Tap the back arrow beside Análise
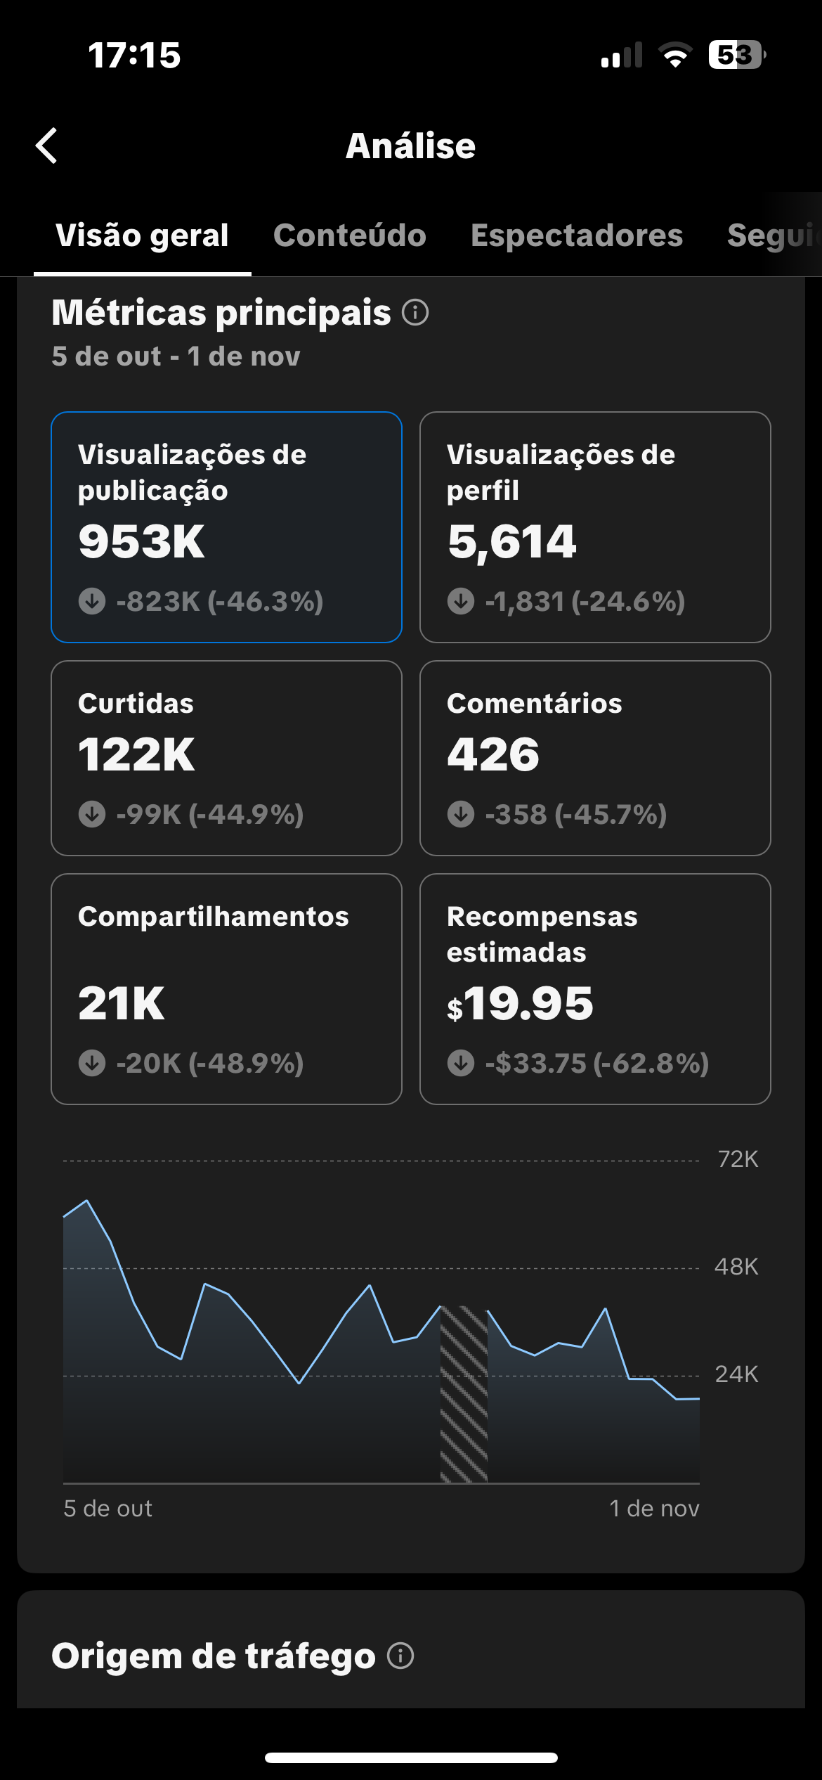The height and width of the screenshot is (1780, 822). tap(46, 146)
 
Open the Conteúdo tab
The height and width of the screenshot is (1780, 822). tap(349, 236)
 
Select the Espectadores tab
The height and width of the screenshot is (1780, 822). tap(576, 236)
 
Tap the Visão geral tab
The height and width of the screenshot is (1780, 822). tap(142, 236)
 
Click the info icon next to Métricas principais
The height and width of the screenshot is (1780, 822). tap(415, 312)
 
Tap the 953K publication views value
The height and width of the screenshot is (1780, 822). tap(141, 542)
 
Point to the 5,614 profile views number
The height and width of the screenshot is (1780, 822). tap(511, 542)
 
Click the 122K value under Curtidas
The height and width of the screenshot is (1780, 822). tap(136, 755)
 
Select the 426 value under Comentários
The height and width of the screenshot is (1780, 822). tap(493, 755)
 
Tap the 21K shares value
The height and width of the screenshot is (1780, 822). tap(121, 1003)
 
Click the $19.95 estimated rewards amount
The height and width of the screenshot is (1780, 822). tap(521, 1003)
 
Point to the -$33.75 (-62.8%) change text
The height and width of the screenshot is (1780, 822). tap(596, 1063)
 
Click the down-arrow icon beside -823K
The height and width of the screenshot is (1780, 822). tap(92, 602)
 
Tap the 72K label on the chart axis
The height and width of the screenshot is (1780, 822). tap(738, 1159)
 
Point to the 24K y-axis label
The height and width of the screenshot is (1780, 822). tap(736, 1374)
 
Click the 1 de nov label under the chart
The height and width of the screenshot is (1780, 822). tap(654, 1509)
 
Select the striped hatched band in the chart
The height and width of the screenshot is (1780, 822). tap(464, 1395)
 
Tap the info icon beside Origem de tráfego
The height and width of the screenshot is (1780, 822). tap(400, 1656)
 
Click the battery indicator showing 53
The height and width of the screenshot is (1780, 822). tap(736, 55)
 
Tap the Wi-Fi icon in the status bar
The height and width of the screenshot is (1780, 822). tap(675, 55)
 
